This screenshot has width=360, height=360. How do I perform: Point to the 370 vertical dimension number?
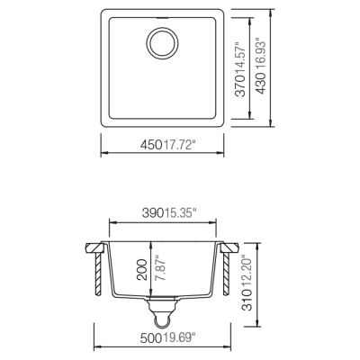[x=241, y=93]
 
